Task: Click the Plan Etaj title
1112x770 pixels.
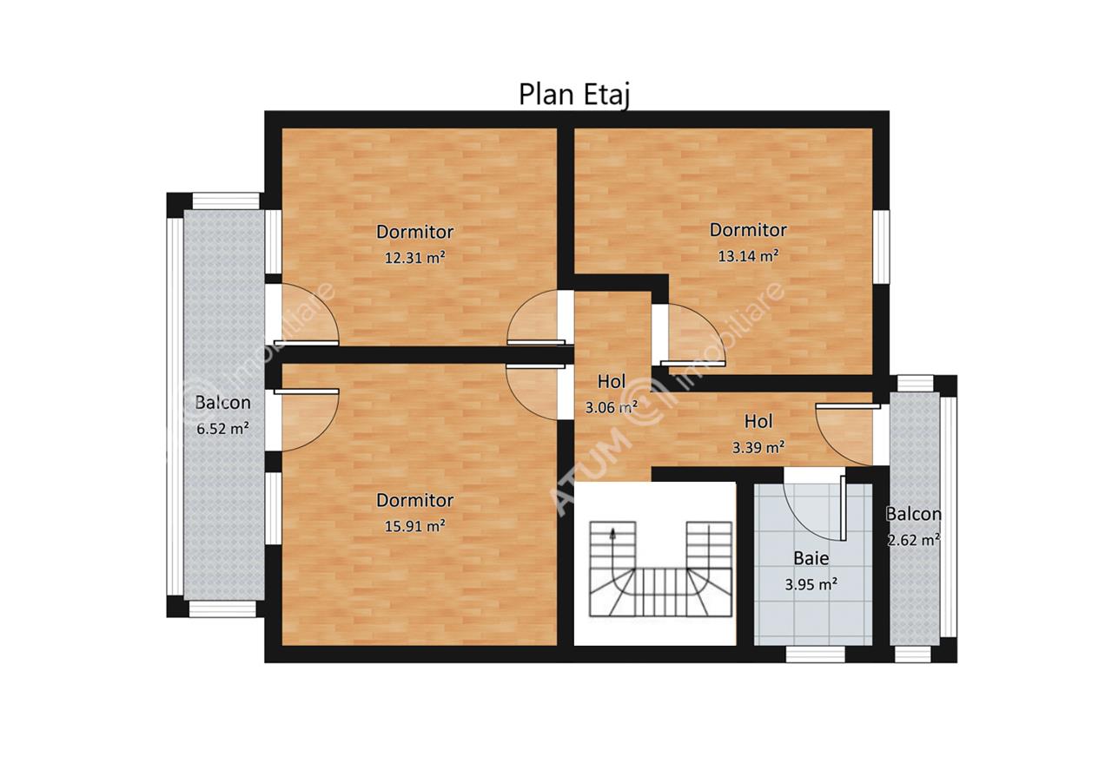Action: click(574, 95)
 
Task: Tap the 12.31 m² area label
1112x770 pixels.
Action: click(414, 258)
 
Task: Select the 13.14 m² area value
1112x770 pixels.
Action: click(748, 255)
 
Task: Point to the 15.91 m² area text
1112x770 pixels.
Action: click(414, 525)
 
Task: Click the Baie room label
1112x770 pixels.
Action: click(811, 558)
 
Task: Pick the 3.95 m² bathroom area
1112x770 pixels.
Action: click(811, 584)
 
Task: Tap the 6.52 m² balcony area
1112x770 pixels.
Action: click(222, 428)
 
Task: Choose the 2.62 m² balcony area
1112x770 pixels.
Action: click(913, 539)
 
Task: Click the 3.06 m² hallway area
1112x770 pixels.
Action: click(612, 407)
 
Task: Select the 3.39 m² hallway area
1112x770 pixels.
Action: click(758, 447)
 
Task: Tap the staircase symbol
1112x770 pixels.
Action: click(660, 569)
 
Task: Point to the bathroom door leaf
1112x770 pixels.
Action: click(843, 508)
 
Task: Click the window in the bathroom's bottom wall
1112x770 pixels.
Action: click(815, 655)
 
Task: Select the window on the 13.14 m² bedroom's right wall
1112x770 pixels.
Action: click(881, 247)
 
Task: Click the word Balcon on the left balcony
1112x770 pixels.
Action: click(222, 403)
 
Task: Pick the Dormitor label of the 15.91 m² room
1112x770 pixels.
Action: click(414, 500)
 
